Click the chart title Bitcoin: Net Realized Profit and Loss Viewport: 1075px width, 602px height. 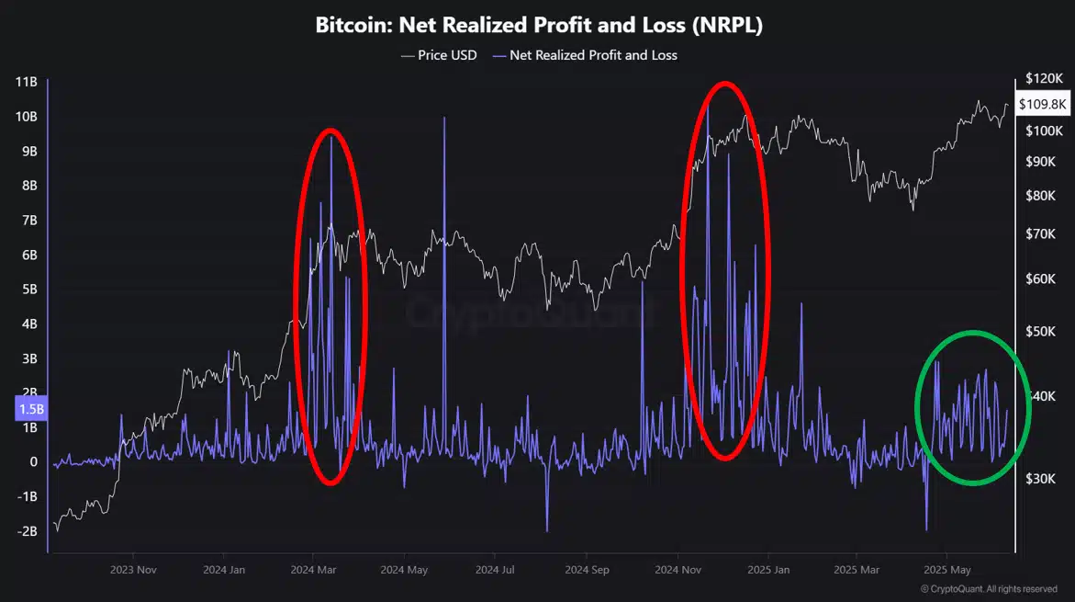(x=539, y=26)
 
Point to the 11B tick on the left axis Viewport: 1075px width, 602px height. (x=26, y=82)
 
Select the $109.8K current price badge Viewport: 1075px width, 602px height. (x=1043, y=104)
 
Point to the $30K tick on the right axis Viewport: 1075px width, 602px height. (x=1042, y=479)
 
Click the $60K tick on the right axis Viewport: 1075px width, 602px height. (x=1042, y=278)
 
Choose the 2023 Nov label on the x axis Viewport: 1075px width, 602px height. (x=133, y=570)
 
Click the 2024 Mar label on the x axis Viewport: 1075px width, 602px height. (x=313, y=570)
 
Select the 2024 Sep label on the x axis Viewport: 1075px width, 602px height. (x=588, y=570)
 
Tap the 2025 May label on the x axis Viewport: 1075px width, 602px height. (x=946, y=570)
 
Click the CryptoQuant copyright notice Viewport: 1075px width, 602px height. (x=988, y=588)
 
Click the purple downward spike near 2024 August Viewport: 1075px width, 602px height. (x=546, y=528)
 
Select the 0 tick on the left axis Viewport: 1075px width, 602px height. (x=32, y=462)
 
